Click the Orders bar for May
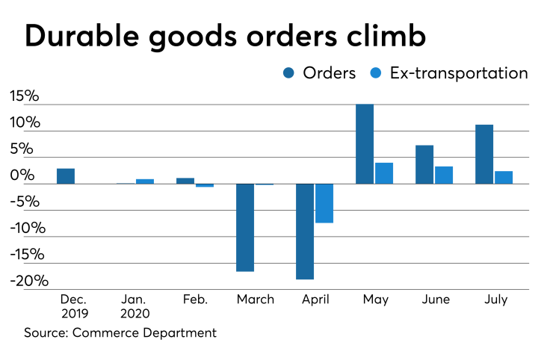tap(365, 143)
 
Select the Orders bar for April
tap(304, 232)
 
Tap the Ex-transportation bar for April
tap(324, 203)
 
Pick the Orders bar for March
tap(245, 228)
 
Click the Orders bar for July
tap(484, 154)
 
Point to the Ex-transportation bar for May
tap(384, 173)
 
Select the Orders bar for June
tap(424, 164)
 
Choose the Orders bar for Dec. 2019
tap(66, 176)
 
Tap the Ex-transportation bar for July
tap(504, 178)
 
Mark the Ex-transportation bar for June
tap(444, 175)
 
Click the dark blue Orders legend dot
tap(288, 72)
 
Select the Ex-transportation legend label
tap(459, 72)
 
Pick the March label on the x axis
tap(255, 300)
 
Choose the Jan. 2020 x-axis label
tap(135, 306)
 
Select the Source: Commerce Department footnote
tap(120, 332)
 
